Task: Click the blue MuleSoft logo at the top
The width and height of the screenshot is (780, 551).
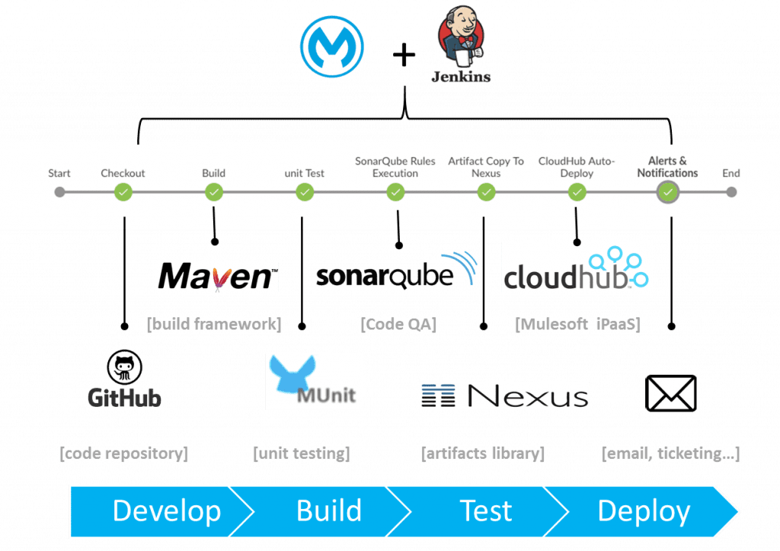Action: [331, 47]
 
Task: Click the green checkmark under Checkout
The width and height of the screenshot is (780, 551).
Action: [123, 193]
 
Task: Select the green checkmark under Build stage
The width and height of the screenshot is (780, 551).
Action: [214, 193]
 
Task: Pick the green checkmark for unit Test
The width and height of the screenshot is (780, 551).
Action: [305, 193]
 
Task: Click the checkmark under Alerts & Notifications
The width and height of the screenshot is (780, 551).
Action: [667, 193]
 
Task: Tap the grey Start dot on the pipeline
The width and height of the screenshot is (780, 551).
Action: [59, 192]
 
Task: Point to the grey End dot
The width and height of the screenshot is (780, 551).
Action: [731, 192]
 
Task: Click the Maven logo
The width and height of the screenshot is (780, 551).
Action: [217, 277]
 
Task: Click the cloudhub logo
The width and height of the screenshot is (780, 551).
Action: [577, 267]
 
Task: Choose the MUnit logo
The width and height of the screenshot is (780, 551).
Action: [314, 382]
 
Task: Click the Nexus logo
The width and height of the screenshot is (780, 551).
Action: [504, 396]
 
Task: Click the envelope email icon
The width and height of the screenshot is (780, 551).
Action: [671, 392]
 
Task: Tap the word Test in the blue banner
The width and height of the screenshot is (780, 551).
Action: [487, 511]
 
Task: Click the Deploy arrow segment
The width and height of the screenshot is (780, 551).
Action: [644, 511]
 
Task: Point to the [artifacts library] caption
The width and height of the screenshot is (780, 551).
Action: [483, 454]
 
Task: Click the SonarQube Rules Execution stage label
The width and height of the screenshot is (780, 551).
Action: [395, 167]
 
